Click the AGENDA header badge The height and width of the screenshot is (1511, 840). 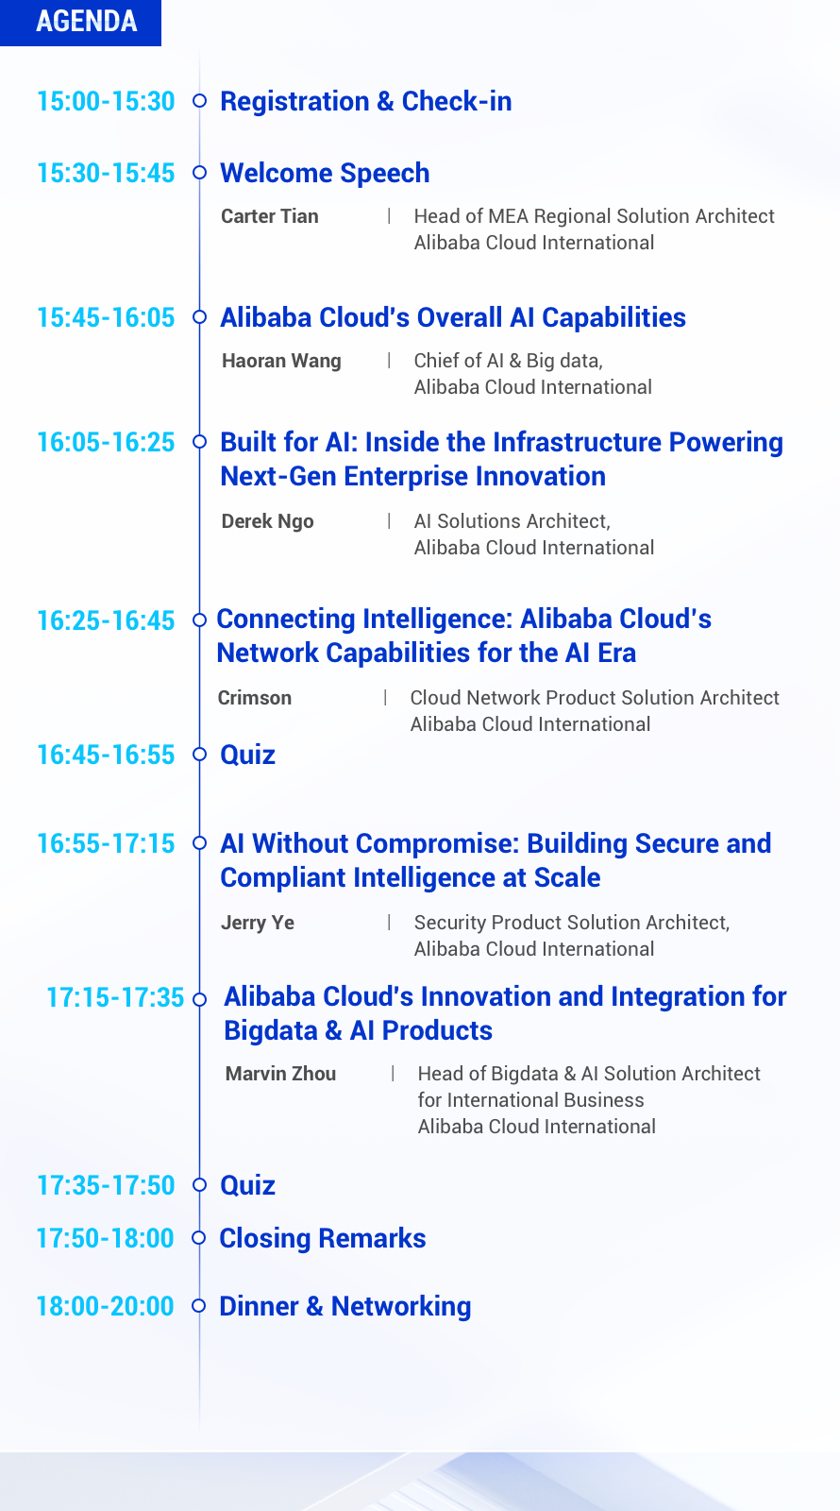80,23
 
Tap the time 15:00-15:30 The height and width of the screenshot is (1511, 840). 106,101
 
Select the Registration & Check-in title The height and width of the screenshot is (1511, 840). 366,101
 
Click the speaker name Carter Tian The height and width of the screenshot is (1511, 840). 270,216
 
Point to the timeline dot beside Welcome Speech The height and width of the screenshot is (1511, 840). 199,173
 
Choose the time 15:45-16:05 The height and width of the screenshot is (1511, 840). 106,317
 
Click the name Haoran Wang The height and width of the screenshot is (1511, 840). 282,361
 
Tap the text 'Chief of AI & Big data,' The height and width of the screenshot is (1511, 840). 509,361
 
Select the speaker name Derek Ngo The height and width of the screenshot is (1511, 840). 268,521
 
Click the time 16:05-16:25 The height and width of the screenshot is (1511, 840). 106,443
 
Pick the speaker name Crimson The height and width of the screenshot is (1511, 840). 255,698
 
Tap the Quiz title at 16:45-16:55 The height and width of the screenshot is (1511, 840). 247,755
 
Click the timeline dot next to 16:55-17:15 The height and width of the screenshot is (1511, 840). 199,843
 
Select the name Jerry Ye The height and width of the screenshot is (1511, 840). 258,923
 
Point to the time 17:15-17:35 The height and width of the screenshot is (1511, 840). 114,997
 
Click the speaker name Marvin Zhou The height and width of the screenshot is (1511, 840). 280,1073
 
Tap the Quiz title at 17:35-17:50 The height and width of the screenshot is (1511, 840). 247,1185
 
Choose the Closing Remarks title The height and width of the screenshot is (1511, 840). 323,1238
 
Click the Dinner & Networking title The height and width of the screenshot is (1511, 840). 345,1306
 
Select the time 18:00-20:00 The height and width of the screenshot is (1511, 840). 105,1307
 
